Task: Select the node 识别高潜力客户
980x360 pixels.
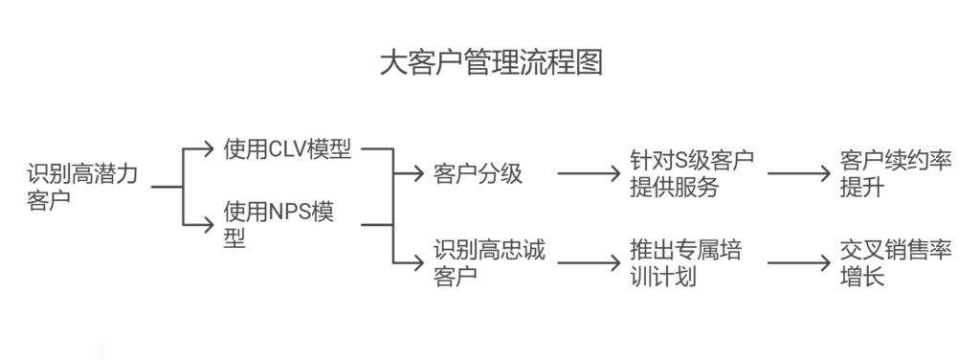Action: [x=82, y=188]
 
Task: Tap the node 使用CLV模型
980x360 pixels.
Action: [x=287, y=149]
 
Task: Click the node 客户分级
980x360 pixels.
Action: [x=478, y=174]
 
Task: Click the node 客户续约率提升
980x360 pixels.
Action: [x=896, y=173]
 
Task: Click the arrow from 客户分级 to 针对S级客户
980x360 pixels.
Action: [x=589, y=174]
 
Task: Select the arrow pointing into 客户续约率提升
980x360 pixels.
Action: [x=796, y=174]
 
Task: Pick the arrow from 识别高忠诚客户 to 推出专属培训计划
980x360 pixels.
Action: [x=589, y=261]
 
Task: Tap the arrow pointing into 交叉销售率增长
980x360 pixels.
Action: [x=796, y=261]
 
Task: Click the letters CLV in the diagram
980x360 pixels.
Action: [x=287, y=149]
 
